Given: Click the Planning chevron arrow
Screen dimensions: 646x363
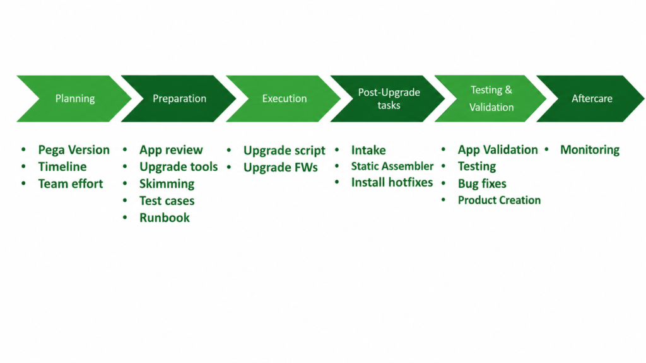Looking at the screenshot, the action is pos(74,98).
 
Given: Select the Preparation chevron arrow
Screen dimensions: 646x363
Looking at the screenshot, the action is pos(179,98).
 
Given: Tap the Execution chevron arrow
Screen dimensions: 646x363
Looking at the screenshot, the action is pos(285,98).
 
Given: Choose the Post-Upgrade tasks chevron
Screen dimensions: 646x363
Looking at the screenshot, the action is pos(389,98).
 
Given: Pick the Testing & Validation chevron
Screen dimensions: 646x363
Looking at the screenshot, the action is pos(491,98).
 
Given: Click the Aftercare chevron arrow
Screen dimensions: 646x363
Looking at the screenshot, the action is pos(592,98).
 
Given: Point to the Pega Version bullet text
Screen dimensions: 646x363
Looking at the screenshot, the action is pos(74,150).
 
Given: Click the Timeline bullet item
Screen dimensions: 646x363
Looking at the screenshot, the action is pos(62,166).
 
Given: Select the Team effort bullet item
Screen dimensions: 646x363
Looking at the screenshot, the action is pos(71,183).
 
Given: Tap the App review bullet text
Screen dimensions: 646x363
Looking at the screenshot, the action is pos(171,150).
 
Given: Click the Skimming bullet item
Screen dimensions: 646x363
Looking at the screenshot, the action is pos(167,183).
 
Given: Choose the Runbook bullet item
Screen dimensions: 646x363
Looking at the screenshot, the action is pos(165,217).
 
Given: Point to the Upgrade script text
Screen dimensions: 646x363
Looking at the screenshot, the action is pos(285,151).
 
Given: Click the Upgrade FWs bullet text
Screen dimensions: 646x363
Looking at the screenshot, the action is pos(281,168).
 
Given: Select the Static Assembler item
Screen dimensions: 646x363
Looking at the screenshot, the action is pos(392,166).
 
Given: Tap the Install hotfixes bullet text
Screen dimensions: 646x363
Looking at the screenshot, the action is pos(392,182).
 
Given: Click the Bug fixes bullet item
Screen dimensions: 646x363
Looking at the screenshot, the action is pos(482,183).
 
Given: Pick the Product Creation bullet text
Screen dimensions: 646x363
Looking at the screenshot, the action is pos(500,200).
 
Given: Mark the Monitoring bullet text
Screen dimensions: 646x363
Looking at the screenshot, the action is pos(590,150).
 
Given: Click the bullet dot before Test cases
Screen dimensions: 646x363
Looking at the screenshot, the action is pos(125,200).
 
